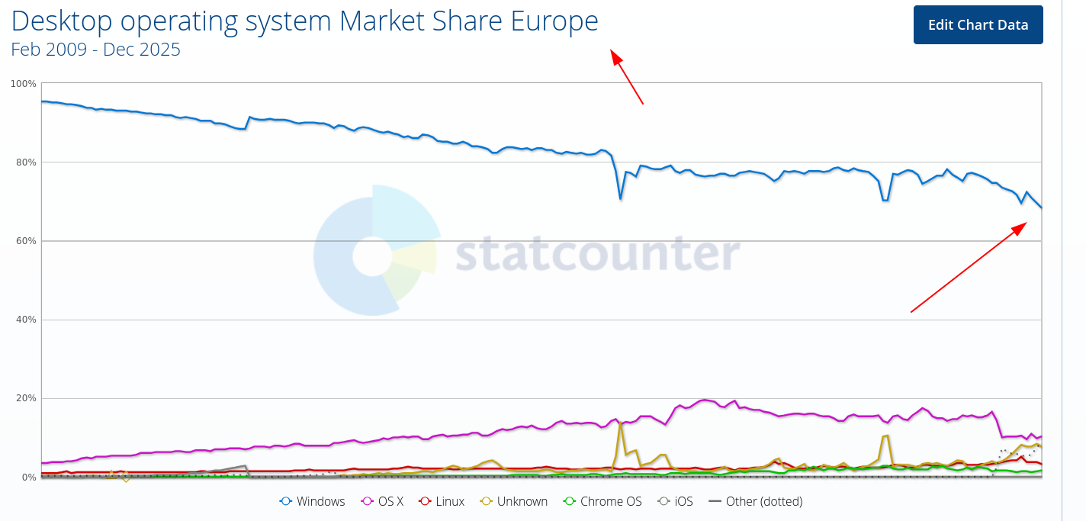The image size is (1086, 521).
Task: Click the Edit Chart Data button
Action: click(x=978, y=24)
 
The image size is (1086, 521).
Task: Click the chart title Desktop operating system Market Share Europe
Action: click(x=304, y=21)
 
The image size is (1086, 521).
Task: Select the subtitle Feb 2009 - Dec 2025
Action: click(x=95, y=50)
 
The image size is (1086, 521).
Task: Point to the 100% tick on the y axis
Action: click(x=24, y=83)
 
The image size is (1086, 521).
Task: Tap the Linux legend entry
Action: click(x=442, y=501)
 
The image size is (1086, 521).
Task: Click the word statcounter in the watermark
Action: click(x=597, y=254)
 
